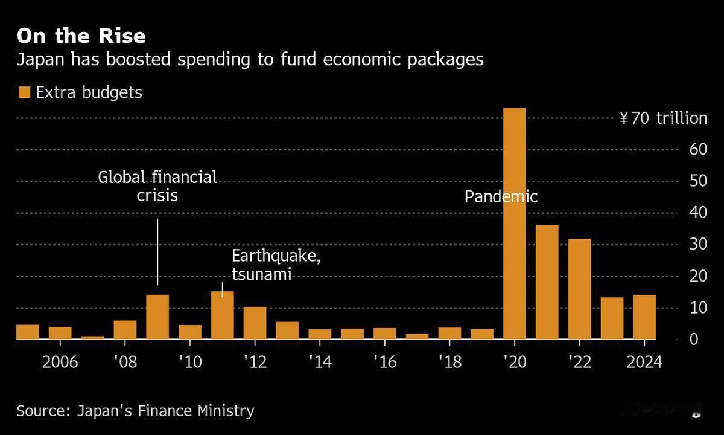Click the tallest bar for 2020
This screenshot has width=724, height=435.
(x=515, y=224)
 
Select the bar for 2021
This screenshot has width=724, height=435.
(x=547, y=282)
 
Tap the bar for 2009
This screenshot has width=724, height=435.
(x=157, y=317)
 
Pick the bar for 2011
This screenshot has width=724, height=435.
(x=223, y=315)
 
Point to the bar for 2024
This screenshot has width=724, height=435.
(x=644, y=317)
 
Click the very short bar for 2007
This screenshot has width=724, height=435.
(x=92, y=337)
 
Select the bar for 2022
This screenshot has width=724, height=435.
(x=580, y=289)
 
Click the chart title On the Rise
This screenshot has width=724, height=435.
(x=81, y=36)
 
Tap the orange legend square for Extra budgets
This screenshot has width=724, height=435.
(x=24, y=92)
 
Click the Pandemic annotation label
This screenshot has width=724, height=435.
(x=501, y=196)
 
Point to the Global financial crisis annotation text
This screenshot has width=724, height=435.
(x=157, y=186)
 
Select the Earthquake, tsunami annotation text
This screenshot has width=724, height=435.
(x=276, y=265)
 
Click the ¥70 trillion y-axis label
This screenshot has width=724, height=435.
(x=663, y=118)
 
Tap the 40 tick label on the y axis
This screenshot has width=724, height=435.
(x=699, y=213)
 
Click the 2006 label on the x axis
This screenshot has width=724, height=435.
(x=60, y=362)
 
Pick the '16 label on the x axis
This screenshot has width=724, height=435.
(x=384, y=362)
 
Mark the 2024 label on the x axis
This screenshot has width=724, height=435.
(x=644, y=362)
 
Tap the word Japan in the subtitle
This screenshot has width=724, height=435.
(x=38, y=60)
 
